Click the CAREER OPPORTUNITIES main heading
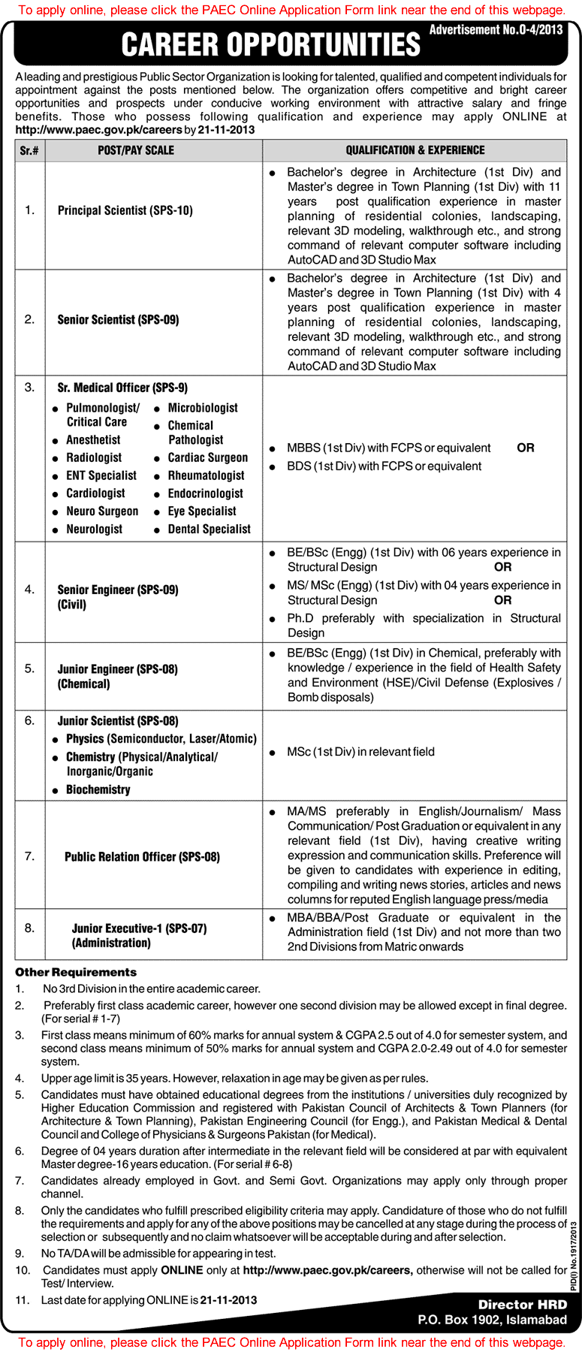[270, 45]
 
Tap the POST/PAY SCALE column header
[136, 150]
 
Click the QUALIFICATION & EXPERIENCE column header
[415, 150]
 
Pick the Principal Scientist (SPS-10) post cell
[125, 210]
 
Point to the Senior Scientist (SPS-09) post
[118, 319]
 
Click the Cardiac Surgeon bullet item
[207, 457]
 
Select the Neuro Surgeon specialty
[102, 511]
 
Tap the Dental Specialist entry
[209, 529]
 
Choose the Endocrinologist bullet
[205, 493]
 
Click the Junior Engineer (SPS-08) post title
[118, 668]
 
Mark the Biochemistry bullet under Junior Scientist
[98, 789]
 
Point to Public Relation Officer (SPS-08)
[142, 856]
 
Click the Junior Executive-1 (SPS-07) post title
[139, 928]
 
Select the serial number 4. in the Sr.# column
[29, 590]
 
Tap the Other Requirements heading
[76, 972]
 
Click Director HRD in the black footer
[523, 1305]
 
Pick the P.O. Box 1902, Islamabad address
[493, 1320]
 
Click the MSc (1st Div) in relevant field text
[360, 752]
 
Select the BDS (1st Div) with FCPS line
[384, 466]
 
